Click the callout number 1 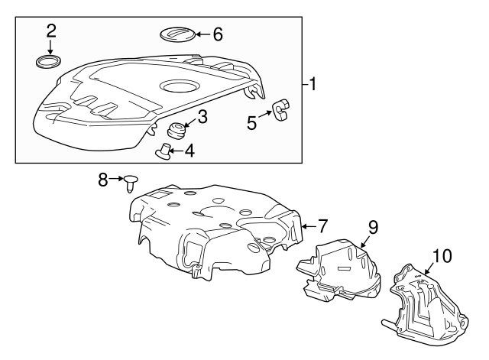[313, 83]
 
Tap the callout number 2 [51, 31]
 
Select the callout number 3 [202, 117]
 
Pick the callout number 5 [251, 122]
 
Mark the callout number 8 [104, 180]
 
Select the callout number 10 [442, 256]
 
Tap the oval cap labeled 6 [176, 34]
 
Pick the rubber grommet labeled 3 [177, 128]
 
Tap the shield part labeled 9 [340, 268]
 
